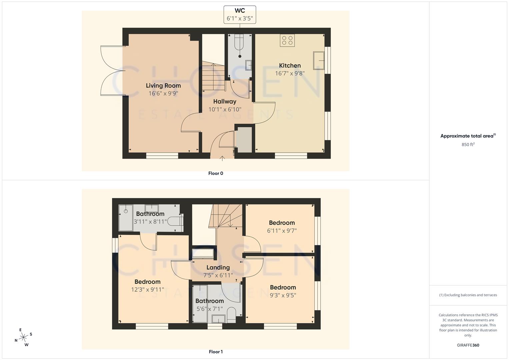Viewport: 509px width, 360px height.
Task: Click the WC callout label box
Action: pyautogui.click(x=240, y=15)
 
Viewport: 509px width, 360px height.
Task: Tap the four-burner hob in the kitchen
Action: pyautogui.click(x=287, y=40)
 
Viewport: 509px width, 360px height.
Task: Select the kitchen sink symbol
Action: pyautogui.click(x=319, y=60)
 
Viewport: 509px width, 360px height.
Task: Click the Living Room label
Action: pyautogui.click(x=163, y=86)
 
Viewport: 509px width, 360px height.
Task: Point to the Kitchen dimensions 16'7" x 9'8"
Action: pyautogui.click(x=290, y=73)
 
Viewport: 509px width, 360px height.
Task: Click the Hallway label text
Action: pyautogui.click(x=225, y=101)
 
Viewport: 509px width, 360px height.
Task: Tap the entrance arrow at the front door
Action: pyautogui.click(x=222, y=158)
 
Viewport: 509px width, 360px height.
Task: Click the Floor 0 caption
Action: pyautogui.click(x=216, y=173)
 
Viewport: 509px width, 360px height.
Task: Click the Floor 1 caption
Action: pyautogui.click(x=216, y=352)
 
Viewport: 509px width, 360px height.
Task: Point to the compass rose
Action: pyautogui.click(x=23, y=337)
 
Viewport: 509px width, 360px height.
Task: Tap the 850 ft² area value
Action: pyautogui.click(x=468, y=144)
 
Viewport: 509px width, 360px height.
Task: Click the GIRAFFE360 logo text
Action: pyautogui.click(x=468, y=345)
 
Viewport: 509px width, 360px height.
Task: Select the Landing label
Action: pyautogui.click(x=218, y=267)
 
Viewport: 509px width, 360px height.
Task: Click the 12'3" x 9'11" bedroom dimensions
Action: pyautogui.click(x=147, y=290)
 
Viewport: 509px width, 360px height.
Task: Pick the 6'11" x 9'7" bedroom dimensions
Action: pyautogui.click(x=282, y=231)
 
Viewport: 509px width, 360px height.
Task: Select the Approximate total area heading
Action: pyautogui.click(x=468, y=136)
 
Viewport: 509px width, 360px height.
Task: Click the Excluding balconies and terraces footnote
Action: pyautogui.click(x=468, y=295)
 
